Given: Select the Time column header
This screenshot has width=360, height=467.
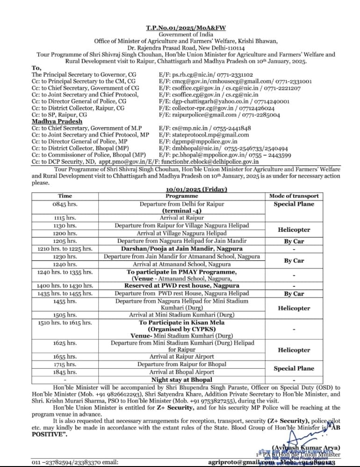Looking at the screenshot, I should click(65, 196).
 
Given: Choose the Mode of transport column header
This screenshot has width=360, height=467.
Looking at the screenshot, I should click(294, 196).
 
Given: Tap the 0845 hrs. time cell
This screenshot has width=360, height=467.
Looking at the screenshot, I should click(65, 204).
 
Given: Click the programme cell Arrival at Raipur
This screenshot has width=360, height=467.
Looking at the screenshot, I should click(182, 218).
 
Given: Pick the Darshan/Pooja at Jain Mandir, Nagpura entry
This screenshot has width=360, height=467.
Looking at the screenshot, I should click(182, 249).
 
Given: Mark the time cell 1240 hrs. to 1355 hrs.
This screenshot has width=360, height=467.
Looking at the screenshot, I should click(65, 272).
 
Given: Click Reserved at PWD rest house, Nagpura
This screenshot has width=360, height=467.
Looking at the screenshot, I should click(182, 285).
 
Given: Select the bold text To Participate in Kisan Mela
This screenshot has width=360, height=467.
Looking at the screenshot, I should click(182, 323).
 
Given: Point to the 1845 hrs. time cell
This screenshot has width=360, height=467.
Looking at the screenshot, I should click(65, 372).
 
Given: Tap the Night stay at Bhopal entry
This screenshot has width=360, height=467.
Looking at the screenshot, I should click(182, 380).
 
